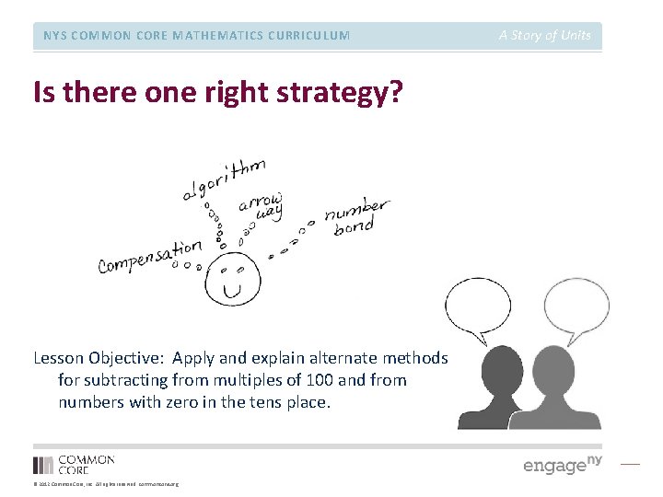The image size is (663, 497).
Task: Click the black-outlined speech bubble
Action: [478, 310]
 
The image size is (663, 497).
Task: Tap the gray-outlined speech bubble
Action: [576, 310]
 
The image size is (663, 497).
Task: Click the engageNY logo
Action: [562, 464]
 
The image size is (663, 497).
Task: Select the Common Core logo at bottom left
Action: [74, 465]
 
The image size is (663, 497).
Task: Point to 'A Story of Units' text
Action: [545, 36]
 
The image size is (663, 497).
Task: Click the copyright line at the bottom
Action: [106, 484]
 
